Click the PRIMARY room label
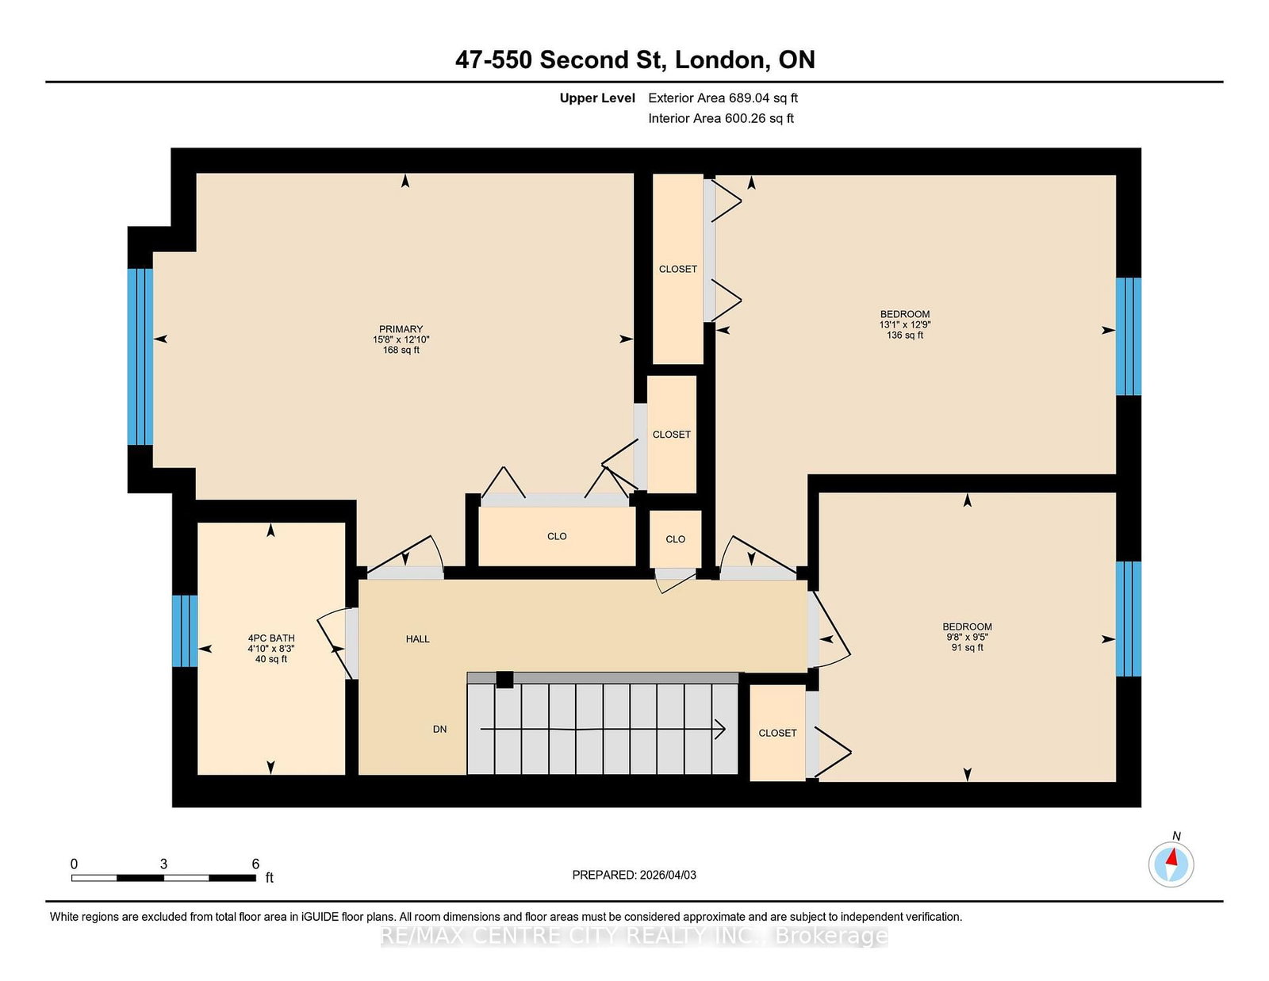point(401,329)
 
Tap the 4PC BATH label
point(271,638)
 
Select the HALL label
point(417,638)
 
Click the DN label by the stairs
point(439,729)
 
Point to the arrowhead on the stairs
point(720,729)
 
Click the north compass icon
point(1171,864)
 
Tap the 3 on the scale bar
point(163,864)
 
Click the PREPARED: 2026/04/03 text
point(634,875)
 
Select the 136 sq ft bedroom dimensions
point(904,324)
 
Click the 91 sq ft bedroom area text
point(967,647)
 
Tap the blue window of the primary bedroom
point(140,356)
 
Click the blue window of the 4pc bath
point(185,630)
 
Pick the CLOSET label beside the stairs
point(777,733)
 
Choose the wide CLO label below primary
point(557,536)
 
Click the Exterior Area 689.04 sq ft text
point(723,98)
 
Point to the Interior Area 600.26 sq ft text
point(720,118)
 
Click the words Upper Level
point(597,98)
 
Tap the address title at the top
point(634,59)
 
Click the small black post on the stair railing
point(504,680)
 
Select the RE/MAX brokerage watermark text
point(634,936)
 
